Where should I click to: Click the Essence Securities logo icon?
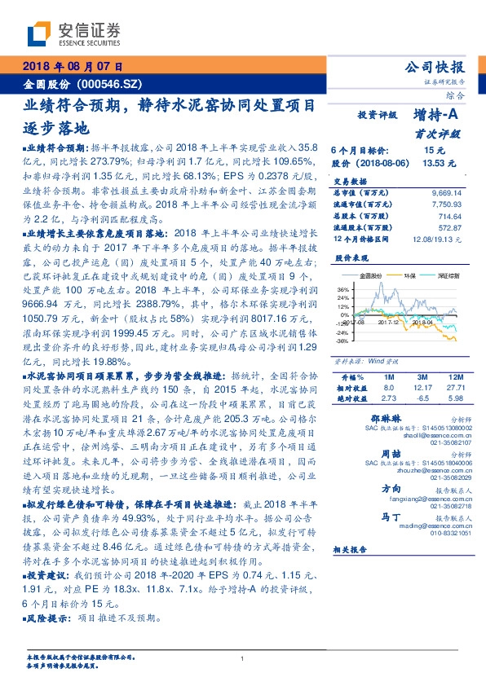pyautogui.click(x=39, y=34)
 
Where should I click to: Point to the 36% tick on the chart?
pyautogui.click(x=342, y=289)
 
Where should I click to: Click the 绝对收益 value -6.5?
pyautogui.click(x=421, y=398)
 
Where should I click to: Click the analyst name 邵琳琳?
pyautogui.click(x=374, y=417)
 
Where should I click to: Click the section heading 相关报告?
pyautogui.click(x=355, y=551)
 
